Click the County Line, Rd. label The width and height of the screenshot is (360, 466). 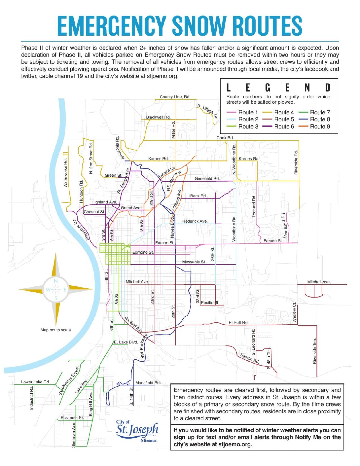175,97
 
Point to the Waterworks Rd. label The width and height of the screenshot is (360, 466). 65,173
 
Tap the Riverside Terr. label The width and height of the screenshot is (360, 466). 314,351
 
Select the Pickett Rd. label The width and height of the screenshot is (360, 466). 238,322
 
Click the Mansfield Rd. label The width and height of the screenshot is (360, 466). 148,383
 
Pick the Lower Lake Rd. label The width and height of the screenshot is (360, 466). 35,382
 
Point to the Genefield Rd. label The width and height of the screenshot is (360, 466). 207,178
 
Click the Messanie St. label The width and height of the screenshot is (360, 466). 194,262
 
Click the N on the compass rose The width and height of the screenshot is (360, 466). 56,281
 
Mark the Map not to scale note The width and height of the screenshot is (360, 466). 55,330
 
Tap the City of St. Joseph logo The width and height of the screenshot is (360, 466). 137,430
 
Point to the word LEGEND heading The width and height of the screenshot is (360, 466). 278,87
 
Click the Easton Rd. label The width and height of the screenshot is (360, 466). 250,358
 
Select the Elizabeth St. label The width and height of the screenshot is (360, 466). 72,418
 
